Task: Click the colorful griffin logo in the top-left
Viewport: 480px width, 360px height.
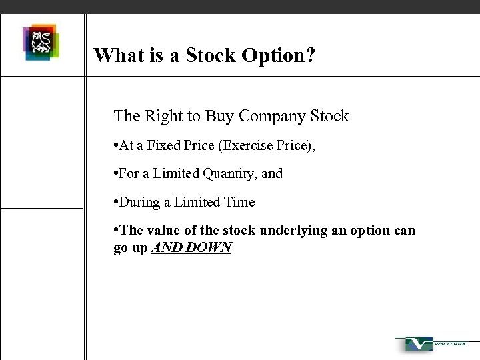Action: tap(41, 43)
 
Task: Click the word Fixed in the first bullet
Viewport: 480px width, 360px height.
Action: tap(161, 145)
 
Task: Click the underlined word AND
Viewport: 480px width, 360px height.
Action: tap(166, 247)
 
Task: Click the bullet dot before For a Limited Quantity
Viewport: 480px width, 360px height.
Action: tap(116, 173)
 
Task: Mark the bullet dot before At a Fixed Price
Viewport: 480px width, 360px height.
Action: tap(116, 145)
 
